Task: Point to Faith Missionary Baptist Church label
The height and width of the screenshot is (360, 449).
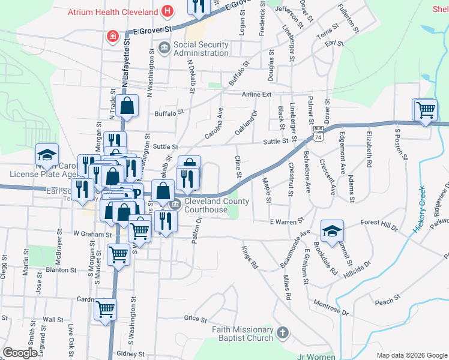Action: click(243, 334)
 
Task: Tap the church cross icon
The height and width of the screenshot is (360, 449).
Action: click(283, 332)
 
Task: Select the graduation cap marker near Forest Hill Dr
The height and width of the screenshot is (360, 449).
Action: click(332, 231)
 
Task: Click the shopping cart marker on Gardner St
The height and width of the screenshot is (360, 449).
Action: click(106, 310)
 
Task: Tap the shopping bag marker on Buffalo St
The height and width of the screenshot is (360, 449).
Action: click(128, 107)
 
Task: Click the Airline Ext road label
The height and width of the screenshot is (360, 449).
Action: click(257, 95)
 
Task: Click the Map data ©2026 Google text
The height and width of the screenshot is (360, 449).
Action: click(411, 355)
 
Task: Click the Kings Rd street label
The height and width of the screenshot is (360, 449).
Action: click(250, 257)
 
